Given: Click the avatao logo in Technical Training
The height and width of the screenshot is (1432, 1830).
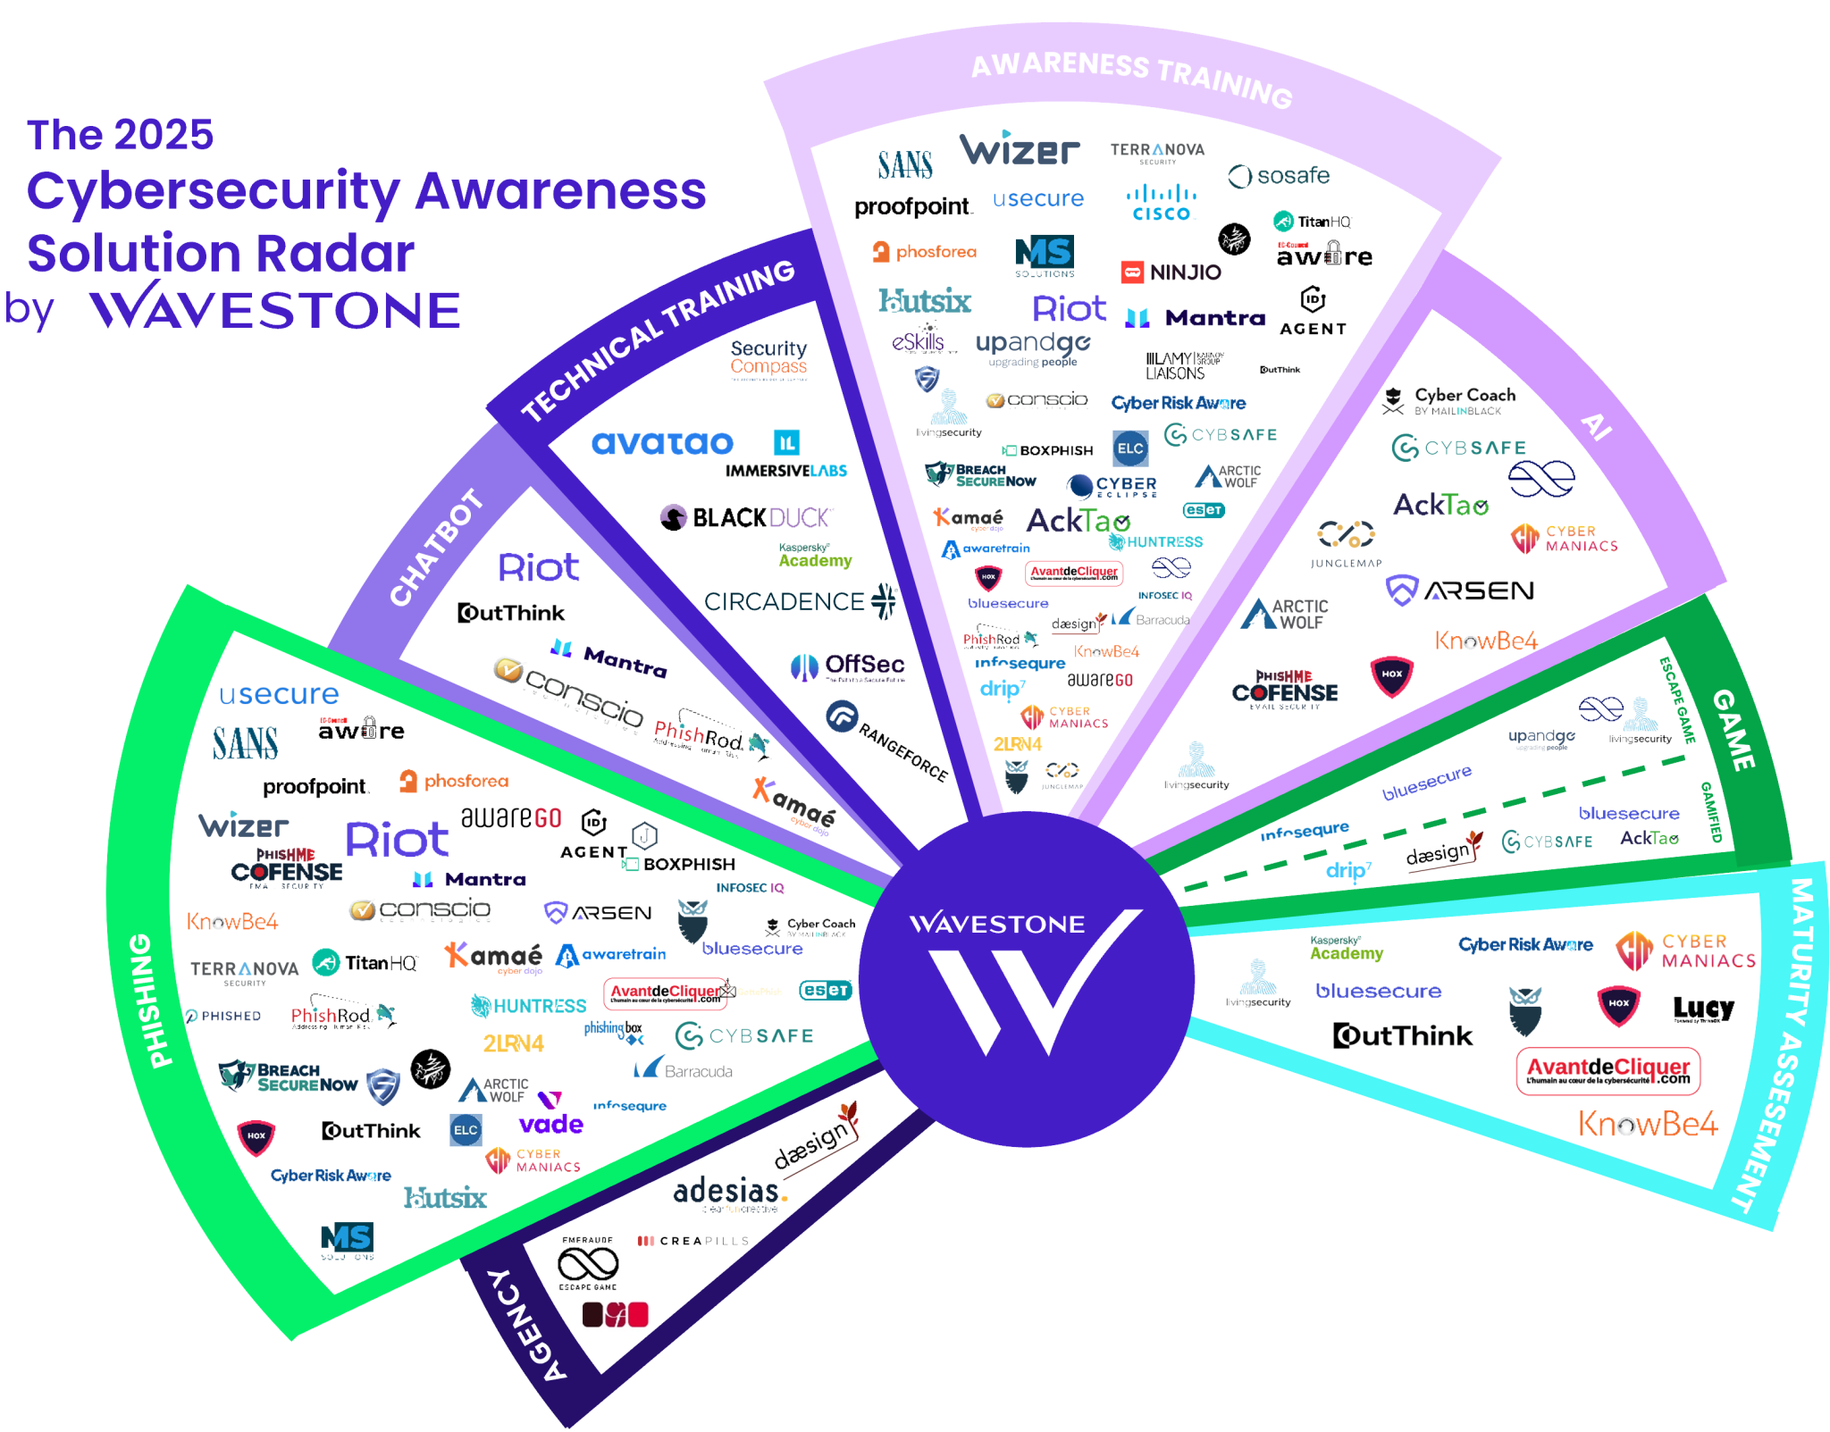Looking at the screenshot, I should (662, 443).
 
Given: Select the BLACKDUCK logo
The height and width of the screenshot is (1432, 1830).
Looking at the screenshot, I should (747, 517).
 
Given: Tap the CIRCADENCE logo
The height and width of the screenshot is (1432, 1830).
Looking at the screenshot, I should (798, 602).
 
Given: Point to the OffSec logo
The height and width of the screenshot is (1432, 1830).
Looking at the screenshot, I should (848, 666).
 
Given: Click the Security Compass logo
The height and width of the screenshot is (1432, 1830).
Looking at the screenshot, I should (768, 359).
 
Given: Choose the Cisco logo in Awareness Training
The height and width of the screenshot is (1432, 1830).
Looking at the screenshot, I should (1162, 203).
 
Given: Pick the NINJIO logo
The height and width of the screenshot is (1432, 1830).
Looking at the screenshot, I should (1171, 272).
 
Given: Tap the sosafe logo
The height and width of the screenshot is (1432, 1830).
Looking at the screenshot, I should (1280, 176).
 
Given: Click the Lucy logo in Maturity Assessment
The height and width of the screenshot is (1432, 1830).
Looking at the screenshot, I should (1703, 1010).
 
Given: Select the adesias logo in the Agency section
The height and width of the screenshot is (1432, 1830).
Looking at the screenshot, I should (729, 1193).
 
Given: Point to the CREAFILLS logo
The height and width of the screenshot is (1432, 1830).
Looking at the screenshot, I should (693, 1241).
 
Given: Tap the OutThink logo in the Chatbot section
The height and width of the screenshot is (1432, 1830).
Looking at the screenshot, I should (512, 614).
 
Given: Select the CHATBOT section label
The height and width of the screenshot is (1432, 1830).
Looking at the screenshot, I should (437, 548).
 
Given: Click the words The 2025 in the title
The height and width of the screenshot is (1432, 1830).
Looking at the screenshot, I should (121, 135).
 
